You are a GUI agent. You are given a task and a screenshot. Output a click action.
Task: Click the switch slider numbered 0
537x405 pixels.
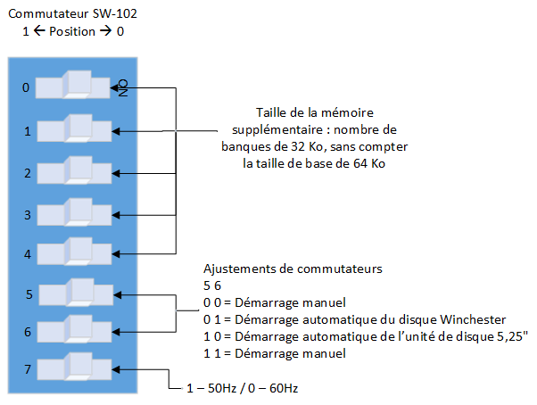pos(78,87)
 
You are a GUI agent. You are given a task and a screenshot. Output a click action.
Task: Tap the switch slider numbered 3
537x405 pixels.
pos(78,213)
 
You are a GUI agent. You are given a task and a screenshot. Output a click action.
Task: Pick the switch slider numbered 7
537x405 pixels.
pos(78,368)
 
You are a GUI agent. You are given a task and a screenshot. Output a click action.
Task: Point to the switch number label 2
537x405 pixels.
pos(27,172)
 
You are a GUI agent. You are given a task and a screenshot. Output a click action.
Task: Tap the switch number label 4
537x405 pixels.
pos(27,254)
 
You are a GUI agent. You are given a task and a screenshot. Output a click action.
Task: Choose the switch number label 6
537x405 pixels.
pos(27,332)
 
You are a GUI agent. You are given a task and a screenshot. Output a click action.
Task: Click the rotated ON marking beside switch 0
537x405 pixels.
pos(124,88)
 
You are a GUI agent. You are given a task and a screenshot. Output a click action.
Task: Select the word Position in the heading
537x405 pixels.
pos(73,31)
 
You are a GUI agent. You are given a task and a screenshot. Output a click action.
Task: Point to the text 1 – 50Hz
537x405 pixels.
pos(208,388)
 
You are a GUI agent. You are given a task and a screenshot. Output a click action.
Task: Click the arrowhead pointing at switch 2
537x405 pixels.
pos(116,172)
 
